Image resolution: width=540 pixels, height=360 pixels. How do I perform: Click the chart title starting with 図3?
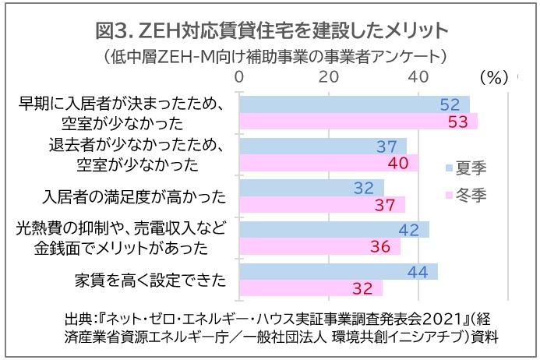pyautogui.click(x=270, y=30)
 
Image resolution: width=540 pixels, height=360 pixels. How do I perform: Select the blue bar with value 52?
pyautogui.click(x=355, y=104)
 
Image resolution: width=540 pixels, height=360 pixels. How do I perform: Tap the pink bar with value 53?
pyautogui.click(x=358, y=122)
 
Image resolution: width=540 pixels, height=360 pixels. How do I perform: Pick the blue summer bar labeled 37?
pyautogui.click(x=323, y=146)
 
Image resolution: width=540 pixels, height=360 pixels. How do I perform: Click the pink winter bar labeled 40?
pyautogui.click(x=329, y=163)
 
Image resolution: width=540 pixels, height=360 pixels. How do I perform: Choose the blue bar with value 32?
pyautogui.click(x=312, y=188)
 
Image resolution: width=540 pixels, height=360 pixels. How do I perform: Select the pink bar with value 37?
pyautogui.click(x=322, y=204)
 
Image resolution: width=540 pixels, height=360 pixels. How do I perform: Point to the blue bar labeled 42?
pyautogui.click(x=334, y=229)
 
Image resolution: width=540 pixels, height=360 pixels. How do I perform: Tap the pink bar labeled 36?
pyautogui.click(x=319, y=246)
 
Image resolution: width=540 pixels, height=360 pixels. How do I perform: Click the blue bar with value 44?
pyautogui.click(x=338, y=271)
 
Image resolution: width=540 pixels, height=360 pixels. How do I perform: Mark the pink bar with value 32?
pyautogui.click(x=311, y=288)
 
